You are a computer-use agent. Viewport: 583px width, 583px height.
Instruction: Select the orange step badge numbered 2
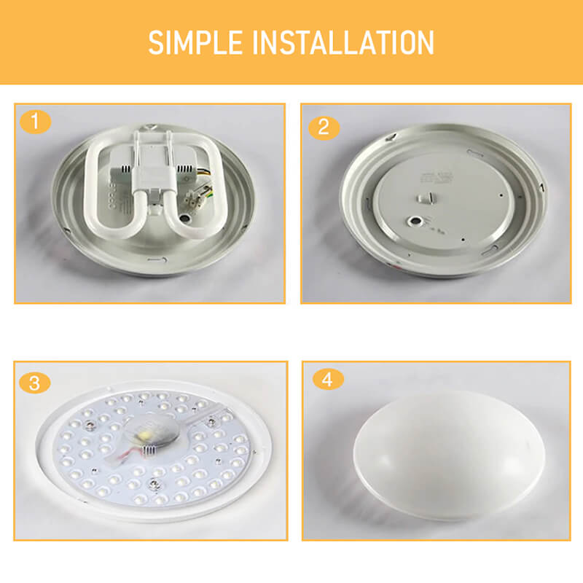[324, 127]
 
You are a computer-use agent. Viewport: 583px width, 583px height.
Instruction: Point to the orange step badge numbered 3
[34, 382]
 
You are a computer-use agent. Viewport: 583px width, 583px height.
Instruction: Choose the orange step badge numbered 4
[327, 380]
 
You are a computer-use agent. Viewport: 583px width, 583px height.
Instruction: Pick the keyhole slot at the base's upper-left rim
[391, 137]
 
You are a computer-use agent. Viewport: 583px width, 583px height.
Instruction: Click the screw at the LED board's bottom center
[155, 480]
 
